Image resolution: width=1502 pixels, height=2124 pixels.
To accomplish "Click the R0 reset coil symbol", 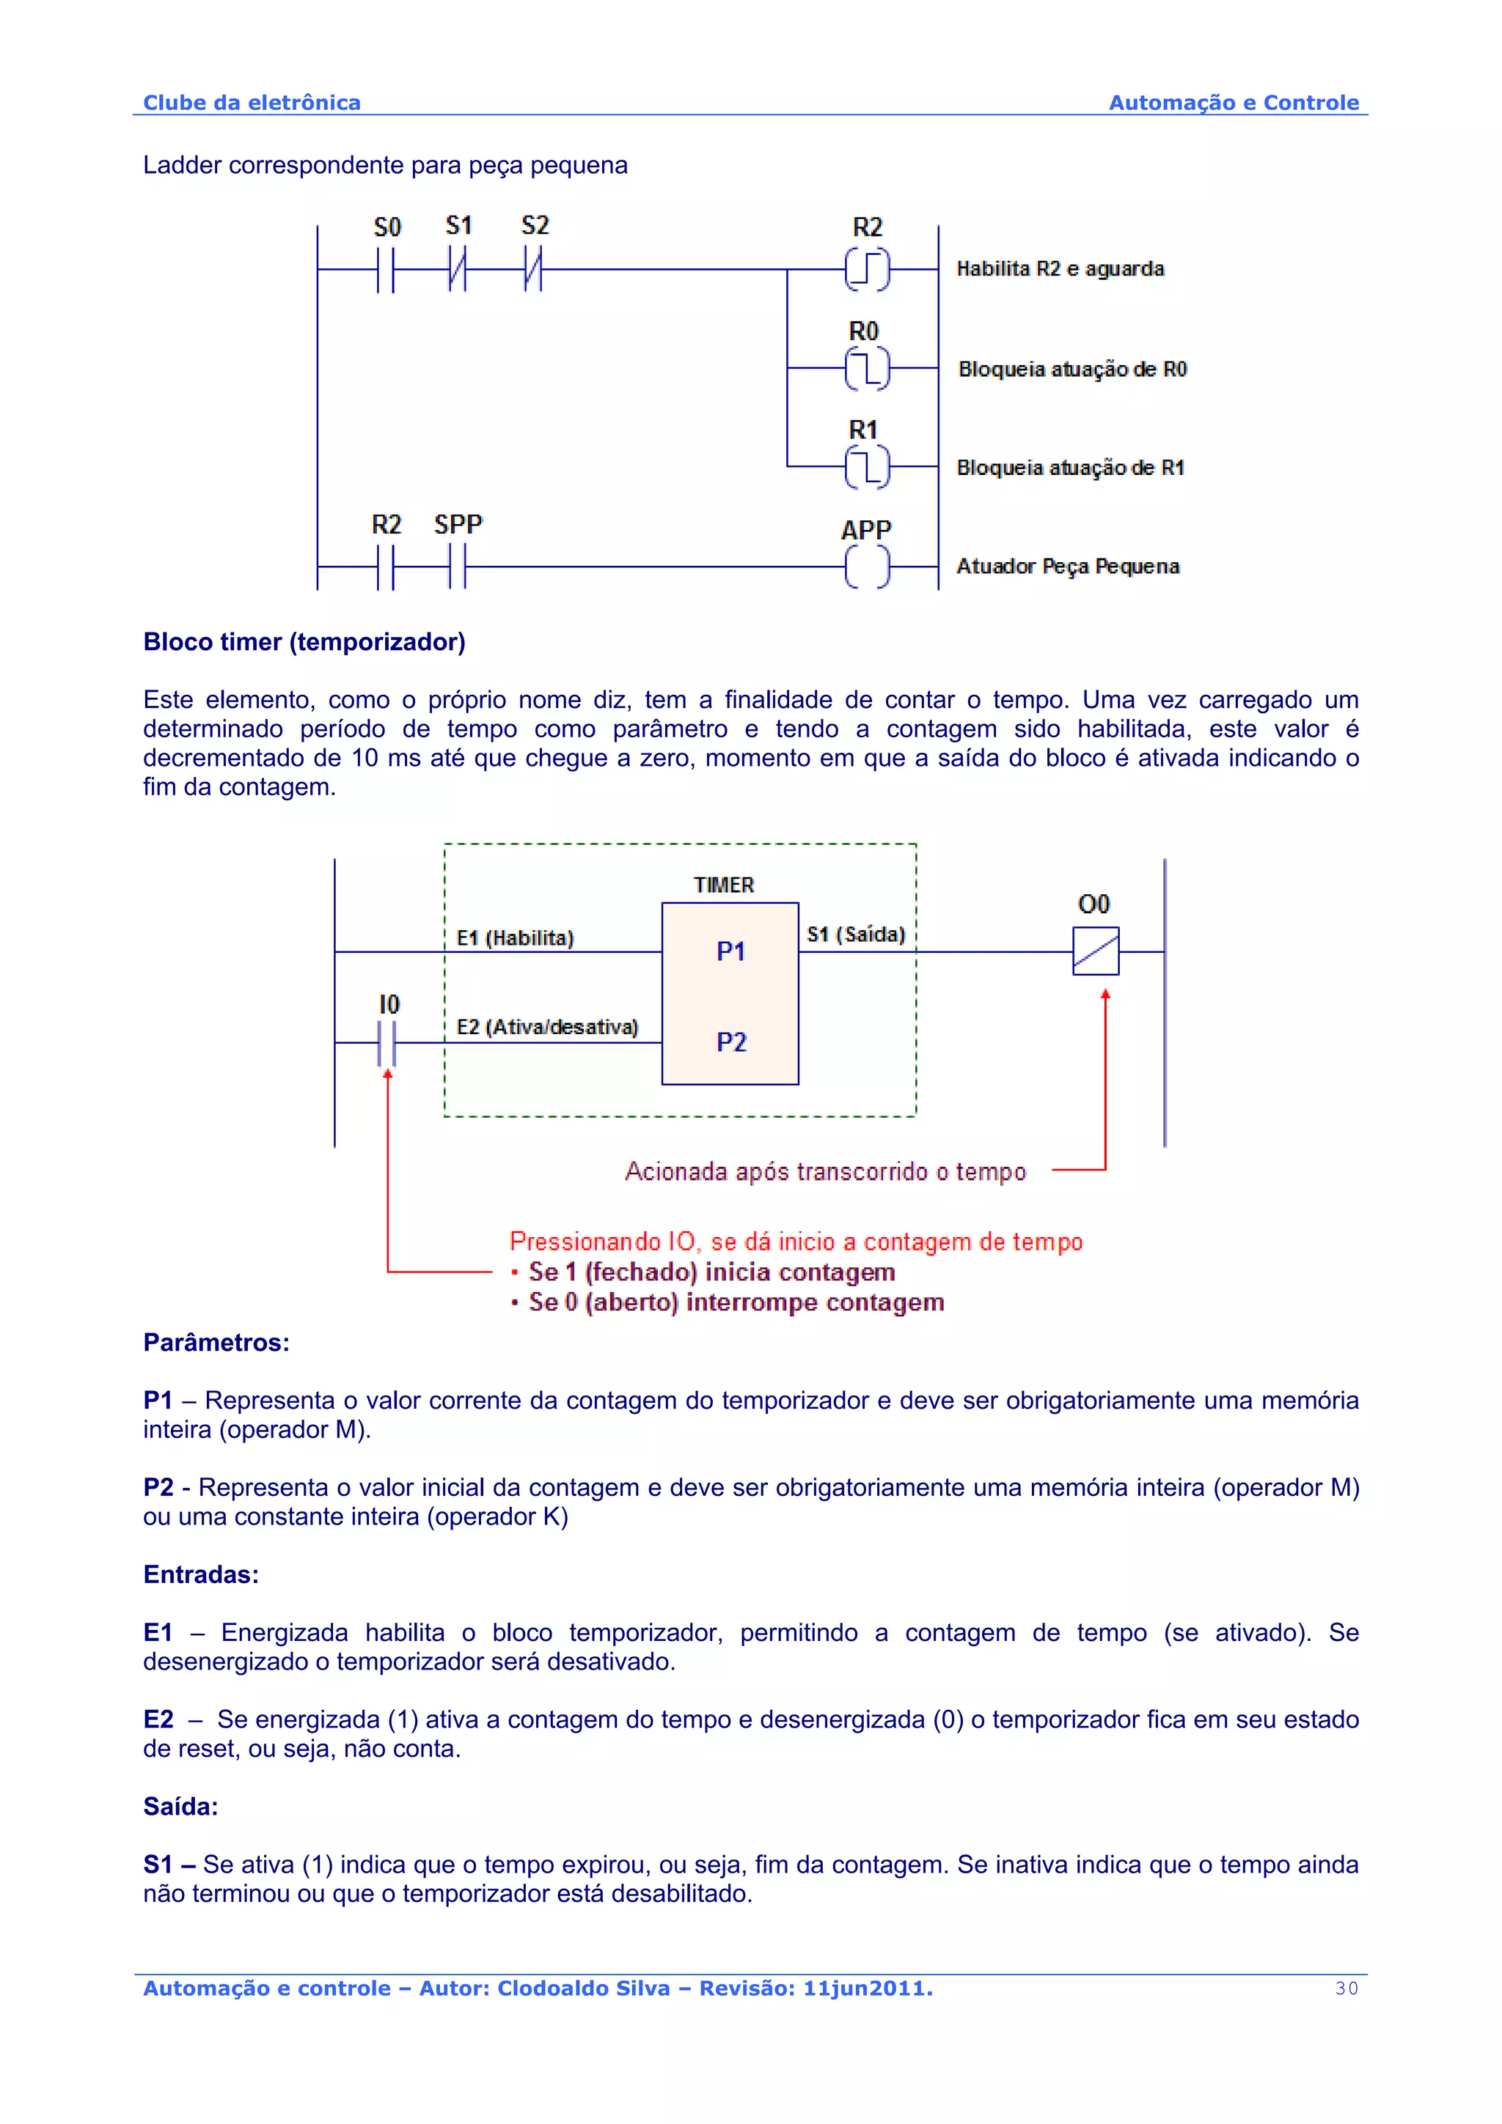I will tap(867, 368).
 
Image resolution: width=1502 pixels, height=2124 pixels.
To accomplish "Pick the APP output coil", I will tap(867, 566).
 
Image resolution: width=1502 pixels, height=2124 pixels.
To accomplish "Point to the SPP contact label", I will tap(458, 525).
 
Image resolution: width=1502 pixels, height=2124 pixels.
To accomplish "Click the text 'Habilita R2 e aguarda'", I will tap(1060, 269).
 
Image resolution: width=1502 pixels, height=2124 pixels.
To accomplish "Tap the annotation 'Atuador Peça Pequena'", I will tap(1067, 566).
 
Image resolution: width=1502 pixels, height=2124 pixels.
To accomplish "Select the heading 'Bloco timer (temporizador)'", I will tap(304, 642).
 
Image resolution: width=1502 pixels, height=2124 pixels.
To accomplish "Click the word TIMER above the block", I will tap(724, 885).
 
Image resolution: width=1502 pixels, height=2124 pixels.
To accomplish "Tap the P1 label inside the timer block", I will tap(730, 951).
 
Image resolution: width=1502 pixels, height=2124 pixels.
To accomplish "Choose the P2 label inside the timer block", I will tap(730, 1042).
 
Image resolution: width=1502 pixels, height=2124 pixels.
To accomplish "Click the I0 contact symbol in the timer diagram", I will tap(387, 1044).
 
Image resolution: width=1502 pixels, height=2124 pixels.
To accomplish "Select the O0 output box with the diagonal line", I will tap(1096, 951).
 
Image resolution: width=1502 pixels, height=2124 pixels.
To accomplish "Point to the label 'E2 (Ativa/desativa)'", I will tap(547, 1027).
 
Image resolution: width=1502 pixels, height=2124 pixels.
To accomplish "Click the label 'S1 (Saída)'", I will tap(855, 934).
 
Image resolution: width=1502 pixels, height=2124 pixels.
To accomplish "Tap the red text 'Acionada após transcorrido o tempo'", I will tap(824, 1172).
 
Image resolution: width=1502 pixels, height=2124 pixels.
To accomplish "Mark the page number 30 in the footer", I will tap(1347, 1988).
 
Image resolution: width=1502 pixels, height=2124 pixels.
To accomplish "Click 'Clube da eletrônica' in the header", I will tap(252, 103).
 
